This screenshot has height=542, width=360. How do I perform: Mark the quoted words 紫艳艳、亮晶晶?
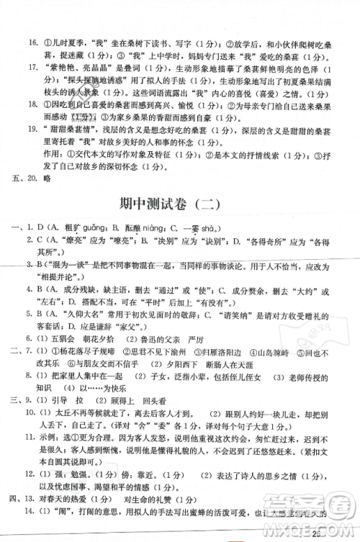(81, 68)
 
